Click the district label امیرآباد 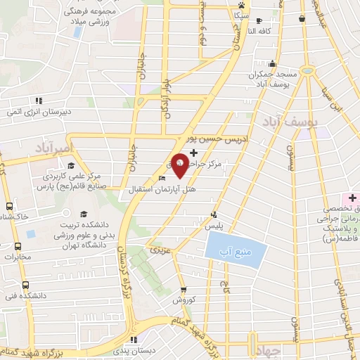(x=52, y=148)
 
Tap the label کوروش (x=184, y=300)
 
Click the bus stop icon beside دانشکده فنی (x=26, y=285)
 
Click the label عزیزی (x=156, y=250)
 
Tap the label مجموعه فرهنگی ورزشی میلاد (x=90, y=18)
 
